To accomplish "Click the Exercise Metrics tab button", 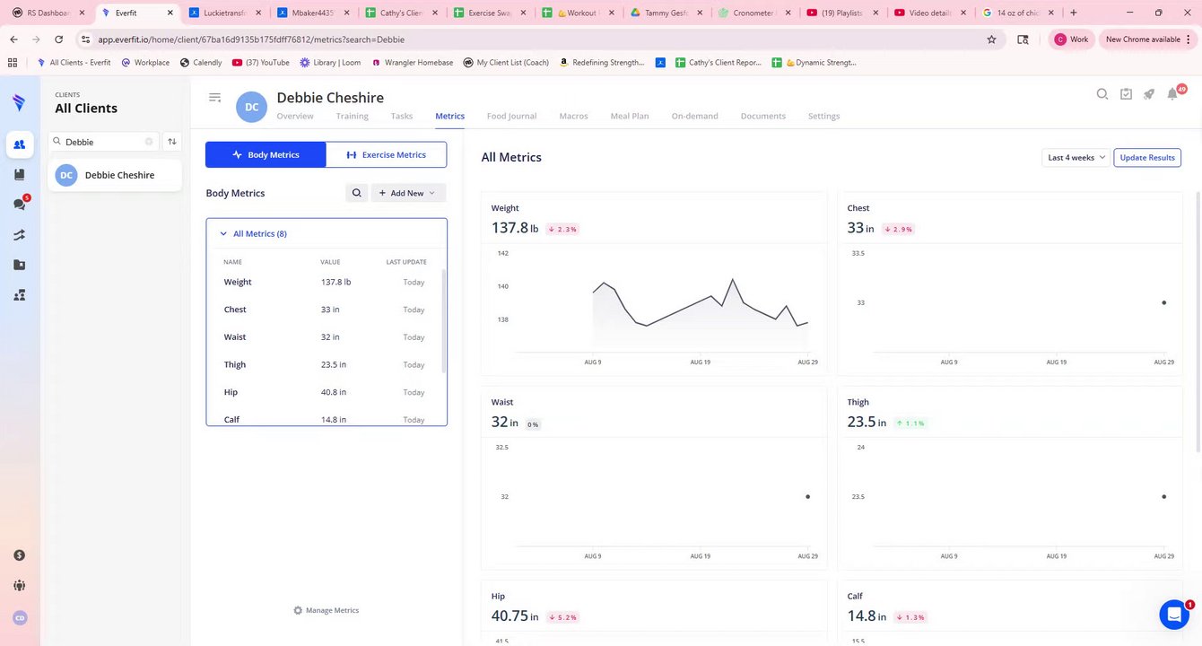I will [x=386, y=154].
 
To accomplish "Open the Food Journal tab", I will [x=511, y=116].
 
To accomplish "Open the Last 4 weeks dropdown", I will [x=1076, y=158].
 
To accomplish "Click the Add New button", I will [x=407, y=193].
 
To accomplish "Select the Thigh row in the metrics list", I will [x=235, y=364].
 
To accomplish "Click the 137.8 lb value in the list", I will [x=335, y=282].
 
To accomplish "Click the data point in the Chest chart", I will [x=1163, y=303].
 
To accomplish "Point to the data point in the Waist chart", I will [x=807, y=496].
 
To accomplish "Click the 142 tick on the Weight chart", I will [x=502, y=253].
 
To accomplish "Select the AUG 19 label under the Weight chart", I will [x=700, y=362].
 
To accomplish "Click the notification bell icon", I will [x=1172, y=94].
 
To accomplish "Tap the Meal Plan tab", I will [x=629, y=116].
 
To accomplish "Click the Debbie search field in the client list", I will [x=103, y=142].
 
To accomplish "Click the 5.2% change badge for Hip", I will [x=562, y=617].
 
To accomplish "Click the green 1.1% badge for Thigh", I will [x=910, y=423].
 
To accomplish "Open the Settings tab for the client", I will [x=823, y=116].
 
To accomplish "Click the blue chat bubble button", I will [x=1173, y=615].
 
